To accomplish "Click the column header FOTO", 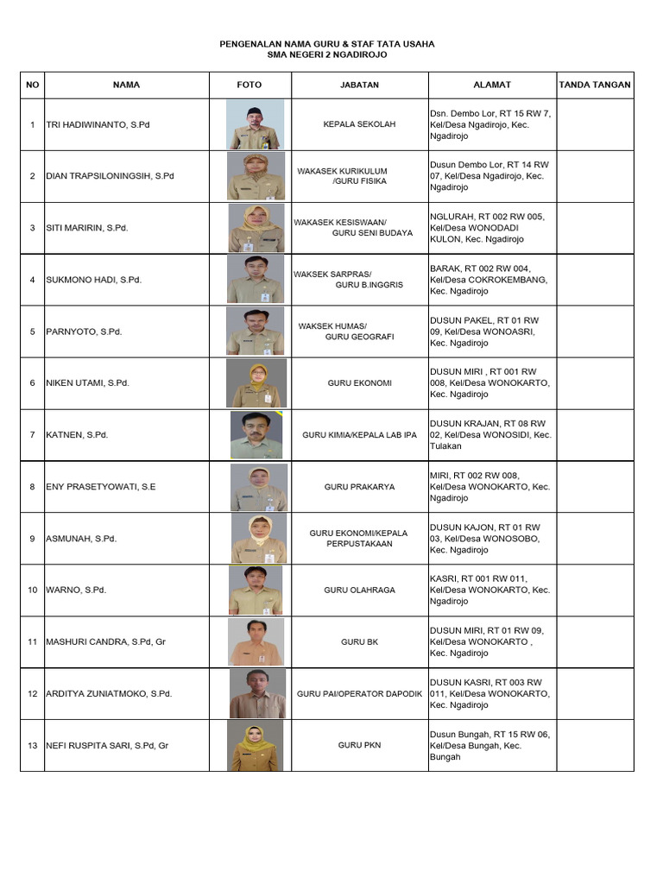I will tap(249, 85).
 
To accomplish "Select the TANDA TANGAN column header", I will tap(595, 85).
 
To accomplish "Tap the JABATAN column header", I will tap(359, 85).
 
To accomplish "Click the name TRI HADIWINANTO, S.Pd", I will tap(98, 124).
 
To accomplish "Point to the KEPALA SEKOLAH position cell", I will tap(359, 124).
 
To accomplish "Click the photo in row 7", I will tap(256, 434).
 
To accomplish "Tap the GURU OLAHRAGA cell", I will tap(359, 590).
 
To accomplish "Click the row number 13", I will tap(32, 745).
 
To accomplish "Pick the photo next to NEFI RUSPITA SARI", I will tap(256, 745).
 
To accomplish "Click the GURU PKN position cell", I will tap(359, 745).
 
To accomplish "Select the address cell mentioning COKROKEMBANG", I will tap(492, 280).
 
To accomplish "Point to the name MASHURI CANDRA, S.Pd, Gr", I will tap(106, 641).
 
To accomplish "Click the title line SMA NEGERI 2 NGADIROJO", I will tap(327, 54).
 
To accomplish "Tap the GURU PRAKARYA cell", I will tap(359, 487).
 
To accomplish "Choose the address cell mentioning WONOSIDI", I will tap(492, 435).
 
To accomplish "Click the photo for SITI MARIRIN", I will tap(256, 228).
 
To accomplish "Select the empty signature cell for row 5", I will tap(595, 331).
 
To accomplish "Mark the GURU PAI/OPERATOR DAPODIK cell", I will tap(359, 693).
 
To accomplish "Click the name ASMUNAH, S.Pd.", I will tap(81, 538).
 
